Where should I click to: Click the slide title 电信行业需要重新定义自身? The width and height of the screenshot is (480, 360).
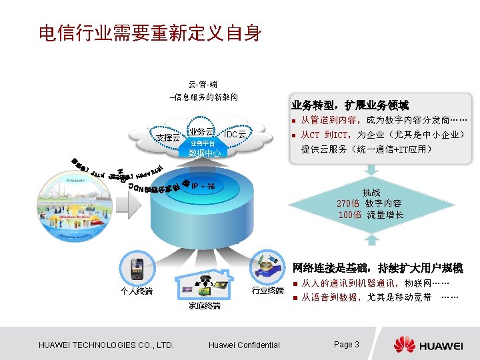[x=150, y=33]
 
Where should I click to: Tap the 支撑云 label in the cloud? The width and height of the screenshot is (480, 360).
[x=167, y=137]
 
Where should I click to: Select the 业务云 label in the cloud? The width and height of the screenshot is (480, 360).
[x=201, y=131]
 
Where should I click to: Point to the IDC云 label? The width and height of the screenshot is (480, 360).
[x=235, y=135]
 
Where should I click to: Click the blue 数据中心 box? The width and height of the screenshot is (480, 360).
[x=205, y=153]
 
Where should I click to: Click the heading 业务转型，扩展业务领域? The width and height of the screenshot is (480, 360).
[x=350, y=105]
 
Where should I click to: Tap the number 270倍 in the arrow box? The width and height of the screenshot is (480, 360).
[x=349, y=203]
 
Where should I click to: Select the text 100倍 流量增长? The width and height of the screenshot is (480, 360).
[x=371, y=215]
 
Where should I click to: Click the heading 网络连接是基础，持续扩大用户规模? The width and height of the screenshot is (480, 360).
[x=378, y=268]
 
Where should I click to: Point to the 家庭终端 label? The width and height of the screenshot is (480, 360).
[x=205, y=306]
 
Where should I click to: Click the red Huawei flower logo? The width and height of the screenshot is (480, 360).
[x=405, y=345]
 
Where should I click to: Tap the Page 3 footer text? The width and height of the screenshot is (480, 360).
[x=347, y=345]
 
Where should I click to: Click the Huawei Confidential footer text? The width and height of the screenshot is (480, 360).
[x=244, y=345]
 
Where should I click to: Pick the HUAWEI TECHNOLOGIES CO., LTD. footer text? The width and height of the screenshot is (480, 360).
[x=107, y=345]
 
